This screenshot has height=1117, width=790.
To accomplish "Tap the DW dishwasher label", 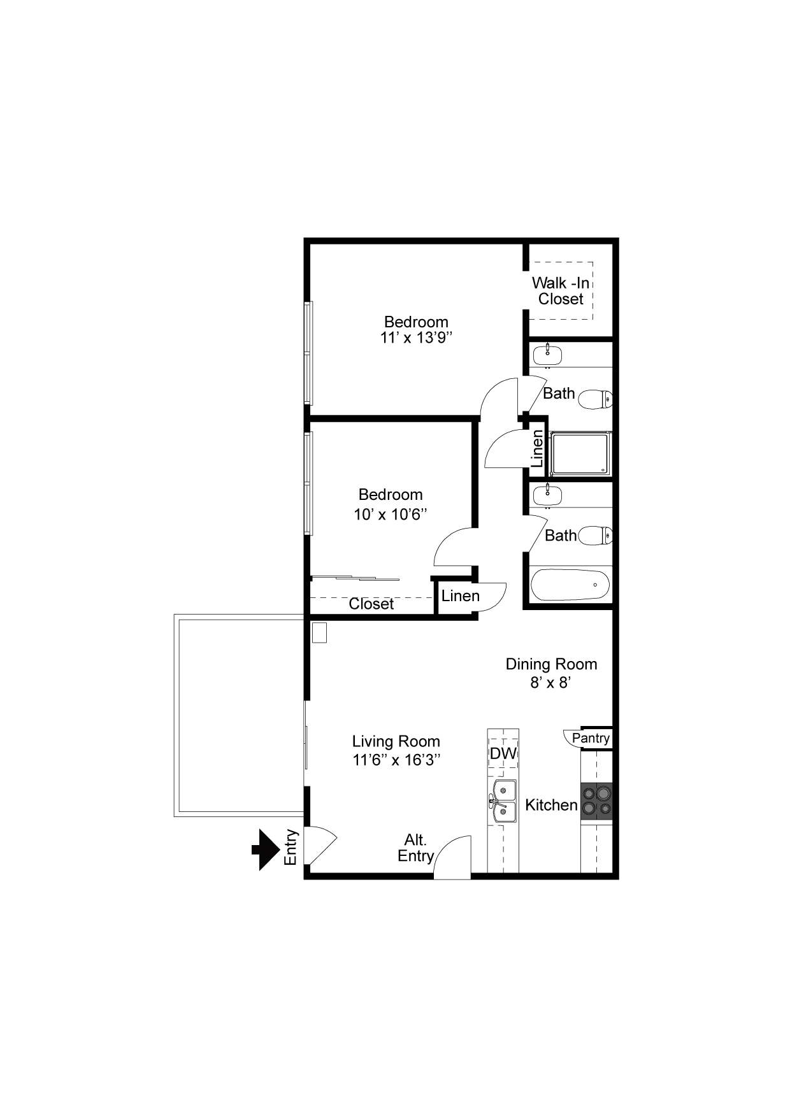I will pyautogui.click(x=503, y=753).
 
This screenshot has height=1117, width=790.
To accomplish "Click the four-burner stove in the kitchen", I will pyautogui.click(x=596, y=801).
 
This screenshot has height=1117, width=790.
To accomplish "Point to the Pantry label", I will pyautogui.click(x=591, y=738).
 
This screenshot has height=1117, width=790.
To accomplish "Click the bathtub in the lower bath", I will pyautogui.click(x=570, y=585).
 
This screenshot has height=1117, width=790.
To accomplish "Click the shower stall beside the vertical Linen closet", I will pyautogui.click(x=580, y=453).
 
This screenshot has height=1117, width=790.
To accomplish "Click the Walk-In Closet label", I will pyautogui.click(x=561, y=290).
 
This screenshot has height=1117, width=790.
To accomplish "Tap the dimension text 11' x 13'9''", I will pyautogui.click(x=416, y=338).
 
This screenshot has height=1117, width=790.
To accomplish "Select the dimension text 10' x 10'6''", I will pyautogui.click(x=390, y=514).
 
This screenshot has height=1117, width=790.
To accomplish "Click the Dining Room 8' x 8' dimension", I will pyautogui.click(x=551, y=683).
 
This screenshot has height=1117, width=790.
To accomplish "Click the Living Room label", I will pyautogui.click(x=396, y=741).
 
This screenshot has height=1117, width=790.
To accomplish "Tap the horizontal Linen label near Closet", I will pyautogui.click(x=460, y=596).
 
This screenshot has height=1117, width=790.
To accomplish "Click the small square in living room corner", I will pyautogui.click(x=319, y=632).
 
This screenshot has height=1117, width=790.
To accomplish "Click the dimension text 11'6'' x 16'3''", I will pyautogui.click(x=396, y=760).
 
